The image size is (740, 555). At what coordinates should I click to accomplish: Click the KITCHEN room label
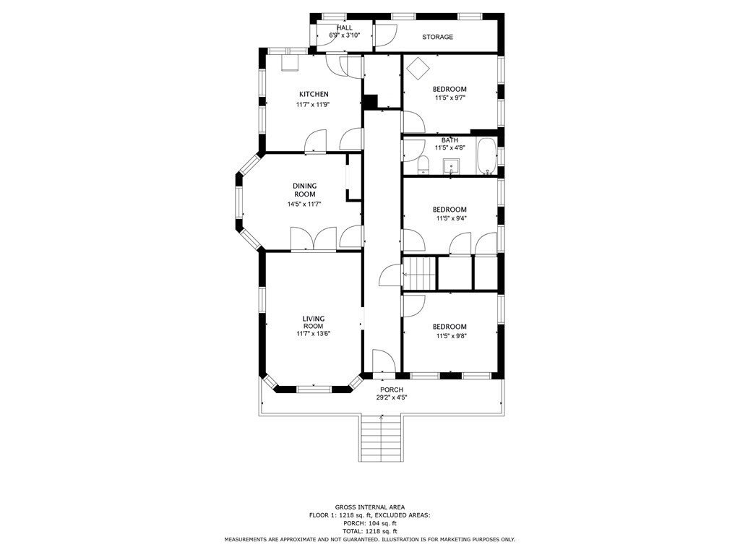314,95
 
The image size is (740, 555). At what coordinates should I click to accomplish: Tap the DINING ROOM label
305,190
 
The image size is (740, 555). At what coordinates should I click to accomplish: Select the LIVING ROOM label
314,322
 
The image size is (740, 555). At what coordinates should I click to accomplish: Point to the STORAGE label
437,37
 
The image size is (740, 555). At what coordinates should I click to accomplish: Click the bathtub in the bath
486,155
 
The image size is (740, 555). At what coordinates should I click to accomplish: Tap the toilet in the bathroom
423,165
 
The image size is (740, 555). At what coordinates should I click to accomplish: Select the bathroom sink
452,166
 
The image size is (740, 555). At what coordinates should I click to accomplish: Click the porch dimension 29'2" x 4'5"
392,397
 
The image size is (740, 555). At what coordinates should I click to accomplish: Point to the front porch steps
381,439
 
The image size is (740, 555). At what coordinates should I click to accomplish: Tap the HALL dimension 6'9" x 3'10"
345,35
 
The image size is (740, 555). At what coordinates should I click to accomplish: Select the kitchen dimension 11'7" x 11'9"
313,105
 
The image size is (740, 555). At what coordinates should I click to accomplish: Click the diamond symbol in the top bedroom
418,69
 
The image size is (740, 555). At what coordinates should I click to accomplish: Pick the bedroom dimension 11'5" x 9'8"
451,336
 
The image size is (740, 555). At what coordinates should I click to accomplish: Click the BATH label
449,140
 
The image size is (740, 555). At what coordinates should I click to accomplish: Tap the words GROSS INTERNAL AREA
369,507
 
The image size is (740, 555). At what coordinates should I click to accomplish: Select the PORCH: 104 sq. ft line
369,523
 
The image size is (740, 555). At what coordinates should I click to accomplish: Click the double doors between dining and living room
314,239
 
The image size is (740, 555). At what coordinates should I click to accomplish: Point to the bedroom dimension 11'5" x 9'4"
451,218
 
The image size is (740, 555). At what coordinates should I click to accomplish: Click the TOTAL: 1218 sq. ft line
369,531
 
